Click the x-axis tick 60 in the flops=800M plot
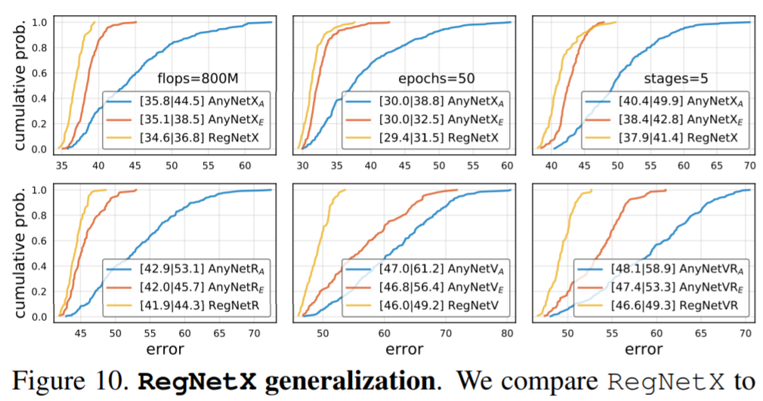(x=245, y=164)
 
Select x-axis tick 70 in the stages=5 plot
(x=749, y=164)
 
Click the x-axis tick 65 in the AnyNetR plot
(x=219, y=332)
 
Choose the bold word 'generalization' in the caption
(x=343, y=380)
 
